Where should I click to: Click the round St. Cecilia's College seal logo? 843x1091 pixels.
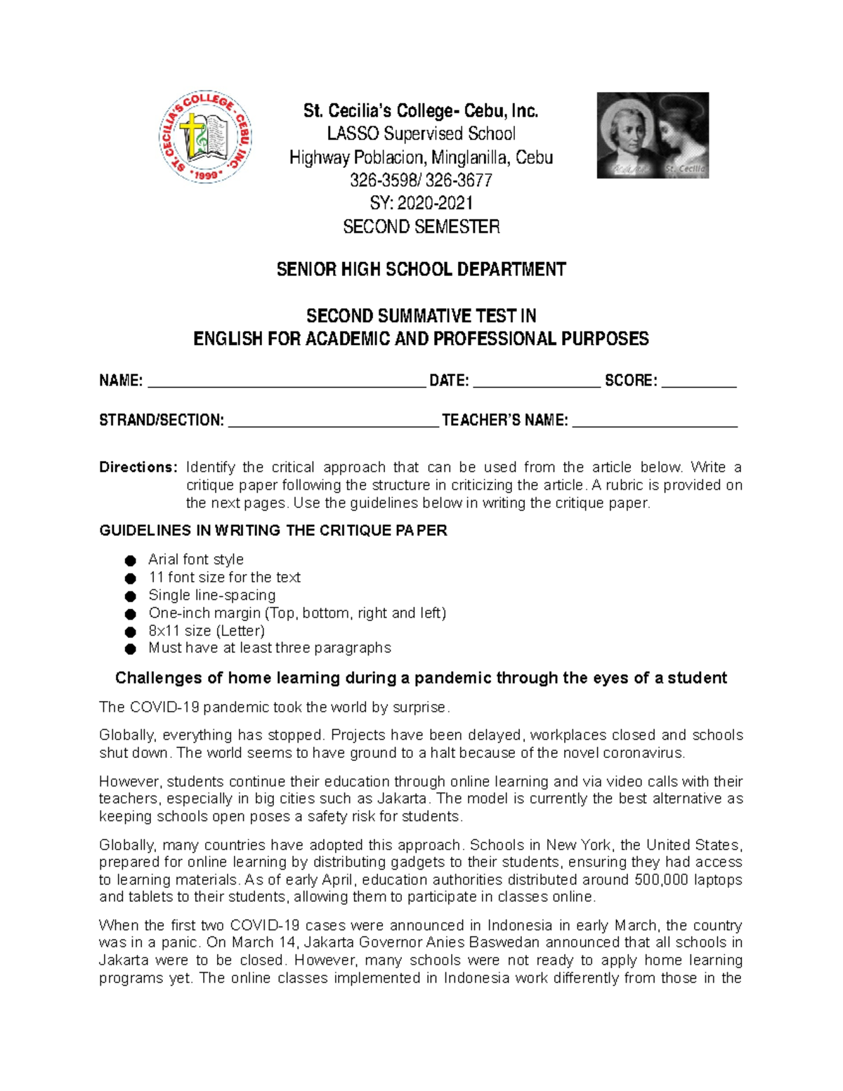(205, 137)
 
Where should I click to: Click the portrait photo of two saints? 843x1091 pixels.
(653, 135)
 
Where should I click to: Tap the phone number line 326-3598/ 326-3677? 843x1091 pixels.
(421, 181)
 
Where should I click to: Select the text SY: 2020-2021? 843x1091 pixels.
(421, 204)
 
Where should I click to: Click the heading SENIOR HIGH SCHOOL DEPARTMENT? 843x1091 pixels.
(421, 270)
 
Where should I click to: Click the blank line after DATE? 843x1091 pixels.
(537, 383)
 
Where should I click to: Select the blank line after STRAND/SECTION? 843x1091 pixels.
(334, 423)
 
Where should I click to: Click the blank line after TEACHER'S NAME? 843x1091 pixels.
(655, 423)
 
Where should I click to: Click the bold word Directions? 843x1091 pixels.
(138, 467)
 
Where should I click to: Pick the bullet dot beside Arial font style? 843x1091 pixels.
(130, 561)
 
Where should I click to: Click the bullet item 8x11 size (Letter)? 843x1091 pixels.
(207, 631)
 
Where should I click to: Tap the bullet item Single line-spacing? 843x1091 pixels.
(211, 596)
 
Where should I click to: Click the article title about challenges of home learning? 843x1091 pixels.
(421, 678)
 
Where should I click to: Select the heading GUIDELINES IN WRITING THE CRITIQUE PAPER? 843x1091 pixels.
(273, 530)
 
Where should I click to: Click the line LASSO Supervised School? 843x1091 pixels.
(421, 134)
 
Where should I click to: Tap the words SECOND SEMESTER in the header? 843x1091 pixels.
(421, 227)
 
